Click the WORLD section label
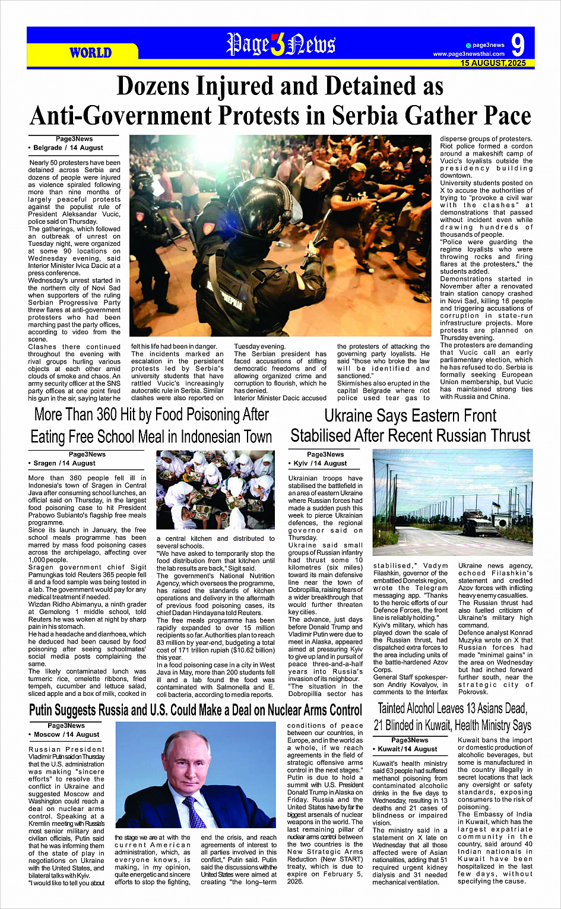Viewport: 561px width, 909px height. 90,53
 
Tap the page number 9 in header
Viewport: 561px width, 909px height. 518,45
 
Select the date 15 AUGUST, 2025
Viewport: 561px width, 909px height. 493,63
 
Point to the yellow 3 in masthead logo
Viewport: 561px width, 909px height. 277,45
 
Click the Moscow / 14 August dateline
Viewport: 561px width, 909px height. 66,734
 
